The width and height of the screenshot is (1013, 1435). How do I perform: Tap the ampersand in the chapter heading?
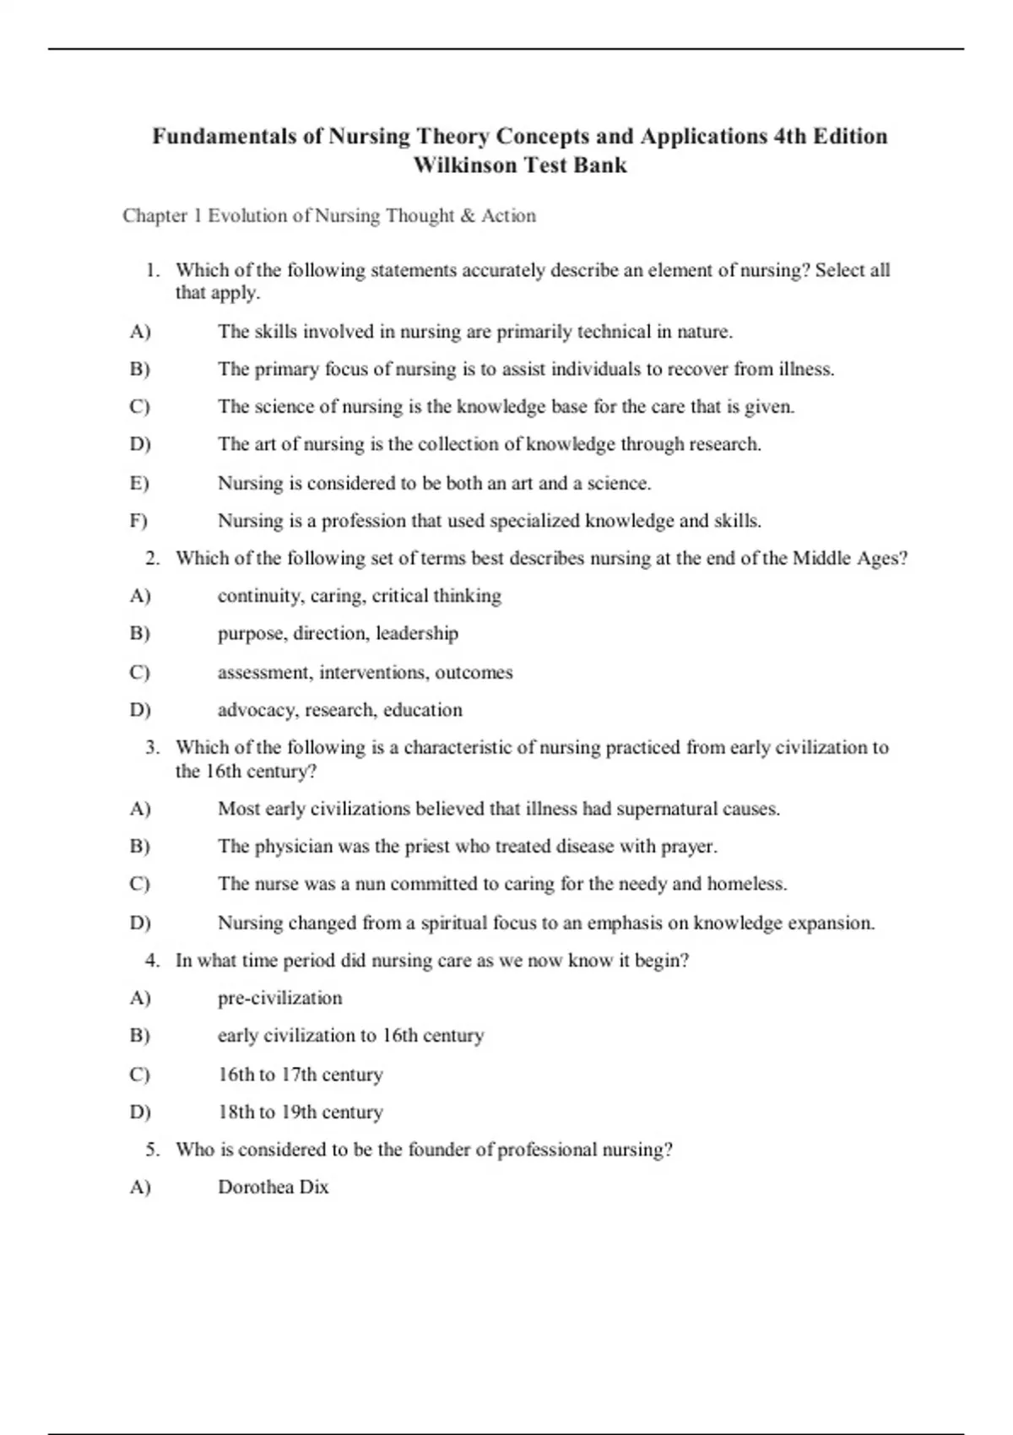469,216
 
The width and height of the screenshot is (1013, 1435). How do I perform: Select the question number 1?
152,270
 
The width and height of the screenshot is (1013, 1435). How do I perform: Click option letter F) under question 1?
139,521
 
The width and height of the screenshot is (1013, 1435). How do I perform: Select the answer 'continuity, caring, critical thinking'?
359,596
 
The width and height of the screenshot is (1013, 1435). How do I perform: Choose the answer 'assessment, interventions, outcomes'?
365,673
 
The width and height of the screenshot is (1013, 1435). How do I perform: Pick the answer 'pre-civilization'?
279,998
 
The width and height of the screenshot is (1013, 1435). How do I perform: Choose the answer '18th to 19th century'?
300,1112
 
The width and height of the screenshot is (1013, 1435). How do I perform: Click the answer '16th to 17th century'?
300,1075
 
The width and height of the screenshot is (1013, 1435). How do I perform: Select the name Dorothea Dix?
273,1187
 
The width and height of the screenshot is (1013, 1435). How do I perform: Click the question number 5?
152,1150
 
